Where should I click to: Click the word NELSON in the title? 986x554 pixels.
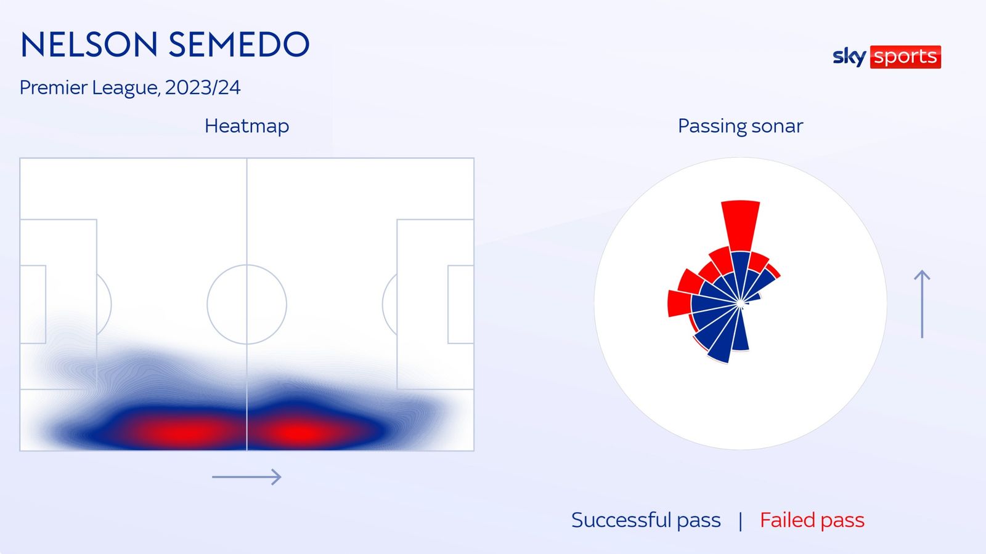[89, 44]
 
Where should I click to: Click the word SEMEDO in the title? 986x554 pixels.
[239, 44]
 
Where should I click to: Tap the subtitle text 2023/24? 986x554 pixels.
[203, 87]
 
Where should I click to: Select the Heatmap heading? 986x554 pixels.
[247, 126]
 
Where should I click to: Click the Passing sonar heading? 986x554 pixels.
[740, 126]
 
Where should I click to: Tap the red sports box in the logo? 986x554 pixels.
[905, 57]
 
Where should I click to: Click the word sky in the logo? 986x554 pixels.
[850, 57]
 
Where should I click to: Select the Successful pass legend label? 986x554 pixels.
[646, 520]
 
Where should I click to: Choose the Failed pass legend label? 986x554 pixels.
[812, 520]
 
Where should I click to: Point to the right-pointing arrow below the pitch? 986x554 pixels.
[246, 476]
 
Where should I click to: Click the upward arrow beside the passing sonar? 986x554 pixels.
[922, 304]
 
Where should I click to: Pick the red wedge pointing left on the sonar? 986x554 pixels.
[679, 303]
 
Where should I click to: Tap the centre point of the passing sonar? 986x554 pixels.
[741, 303]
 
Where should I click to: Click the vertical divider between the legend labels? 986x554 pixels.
[740, 521]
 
